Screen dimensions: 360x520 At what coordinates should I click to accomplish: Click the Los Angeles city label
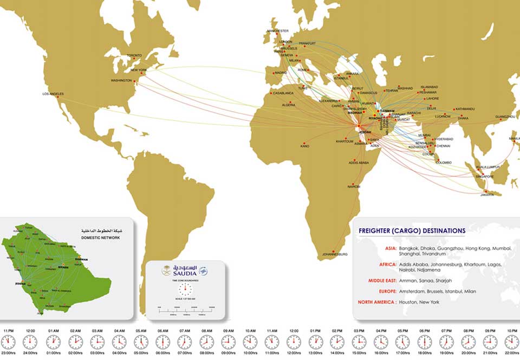(53, 94)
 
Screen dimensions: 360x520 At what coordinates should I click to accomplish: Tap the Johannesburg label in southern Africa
(334, 254)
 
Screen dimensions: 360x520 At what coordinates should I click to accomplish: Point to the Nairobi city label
(353, 187)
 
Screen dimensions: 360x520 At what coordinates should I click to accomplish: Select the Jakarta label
(486, 195)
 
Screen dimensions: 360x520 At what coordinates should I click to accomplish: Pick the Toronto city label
(134, 56)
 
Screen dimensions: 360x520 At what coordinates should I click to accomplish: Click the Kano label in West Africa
(305, 146)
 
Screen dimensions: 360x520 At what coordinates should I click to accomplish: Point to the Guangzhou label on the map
(505, 117)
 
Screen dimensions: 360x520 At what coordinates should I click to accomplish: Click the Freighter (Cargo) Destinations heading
(412, 231)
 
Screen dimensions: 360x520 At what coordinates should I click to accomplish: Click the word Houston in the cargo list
(409, 302)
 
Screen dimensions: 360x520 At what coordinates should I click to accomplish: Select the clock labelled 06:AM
(162, 342)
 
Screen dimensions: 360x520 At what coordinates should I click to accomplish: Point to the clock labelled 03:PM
(359, 342)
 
